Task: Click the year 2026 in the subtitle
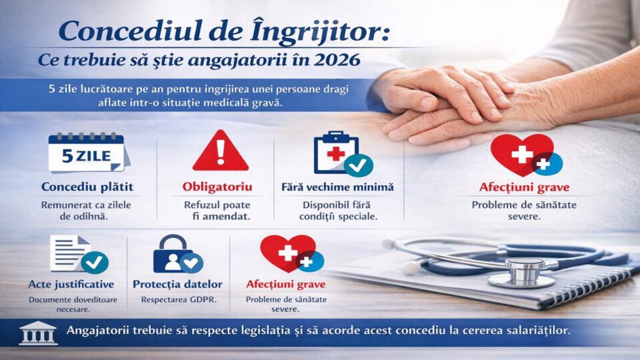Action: pos(337,60)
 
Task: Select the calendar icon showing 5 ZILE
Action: pos(89,153)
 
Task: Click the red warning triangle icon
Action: pos(221,151)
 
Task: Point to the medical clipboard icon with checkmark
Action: pos(343,153)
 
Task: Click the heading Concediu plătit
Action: pos(87,187)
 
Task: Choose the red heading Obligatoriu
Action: pos(217,187)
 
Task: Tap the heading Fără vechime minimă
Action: pos(337,187)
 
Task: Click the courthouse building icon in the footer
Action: pos(39,333)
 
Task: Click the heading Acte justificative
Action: pos(71,284)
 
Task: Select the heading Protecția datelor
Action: pos(177,284)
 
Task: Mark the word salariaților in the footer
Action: pos(538,330)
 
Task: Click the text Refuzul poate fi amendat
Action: pos(217,211)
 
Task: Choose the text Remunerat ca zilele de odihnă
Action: pos(86,211)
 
